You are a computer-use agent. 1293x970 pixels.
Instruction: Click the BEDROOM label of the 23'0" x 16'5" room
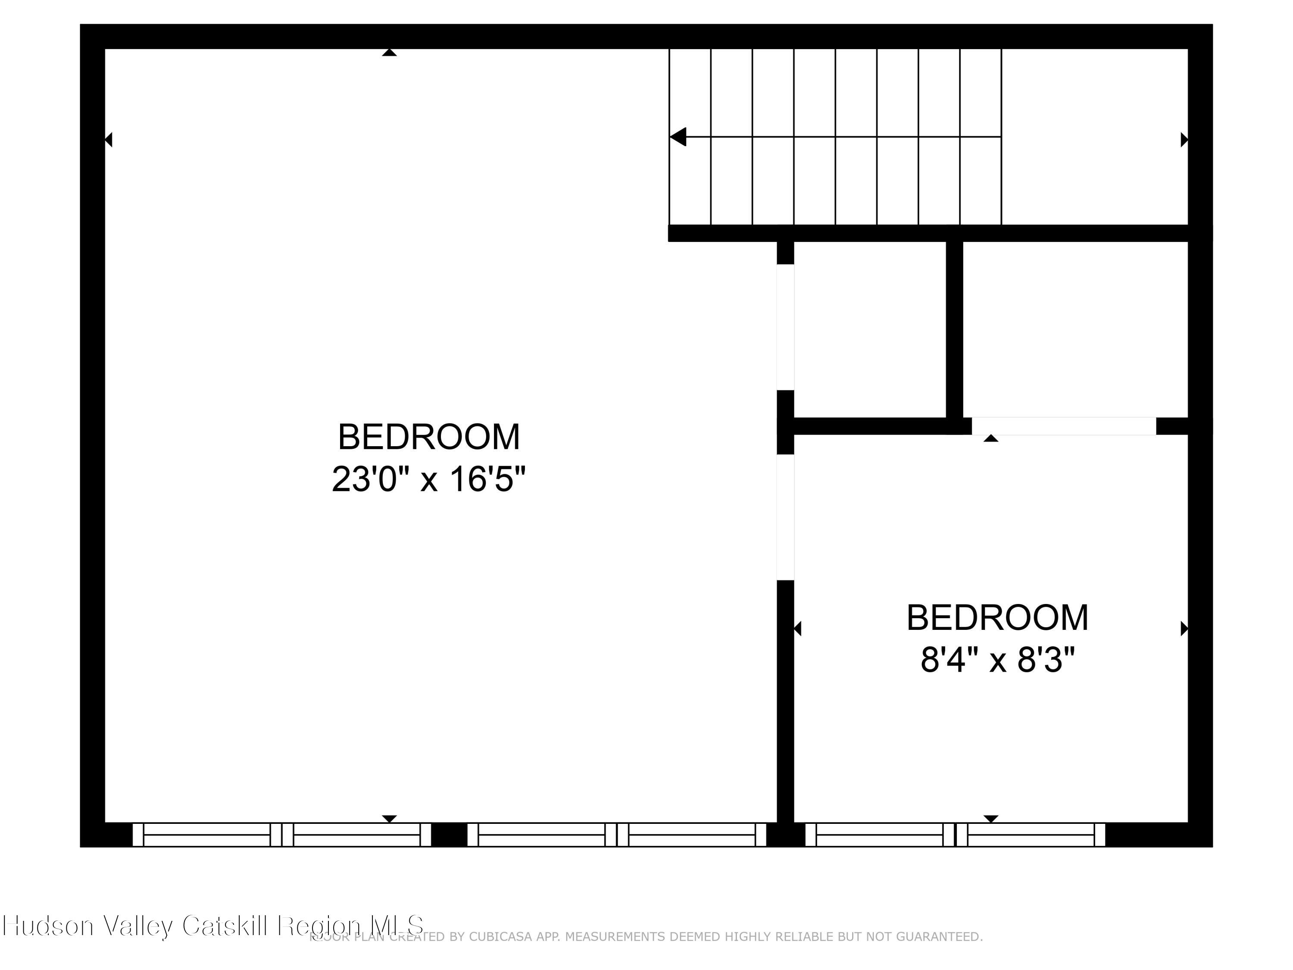point(428,437)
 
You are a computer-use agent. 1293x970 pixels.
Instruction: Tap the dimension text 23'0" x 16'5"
point(428,479)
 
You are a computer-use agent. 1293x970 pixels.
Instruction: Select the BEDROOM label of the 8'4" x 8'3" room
point(997,618)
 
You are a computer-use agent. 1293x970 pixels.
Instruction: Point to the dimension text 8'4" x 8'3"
point(997,660)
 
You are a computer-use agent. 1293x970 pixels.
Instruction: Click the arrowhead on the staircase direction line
point(678,137)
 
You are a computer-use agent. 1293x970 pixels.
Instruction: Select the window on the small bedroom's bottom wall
point(955,834)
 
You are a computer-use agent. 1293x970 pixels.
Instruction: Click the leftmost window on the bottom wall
point(282,834)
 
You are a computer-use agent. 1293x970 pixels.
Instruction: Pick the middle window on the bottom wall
point(617,834)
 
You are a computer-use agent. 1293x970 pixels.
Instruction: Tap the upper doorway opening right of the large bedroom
point(785,327)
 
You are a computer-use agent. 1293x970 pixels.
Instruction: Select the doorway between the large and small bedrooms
point(785,517)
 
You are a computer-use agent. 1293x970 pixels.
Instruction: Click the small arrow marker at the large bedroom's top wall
point(389,53)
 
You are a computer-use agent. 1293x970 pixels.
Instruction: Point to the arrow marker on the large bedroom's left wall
point(108,140)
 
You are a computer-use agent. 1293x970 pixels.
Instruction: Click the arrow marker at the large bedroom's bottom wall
point(389,819)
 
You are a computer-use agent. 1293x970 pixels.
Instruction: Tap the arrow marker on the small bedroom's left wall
point(797,629)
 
